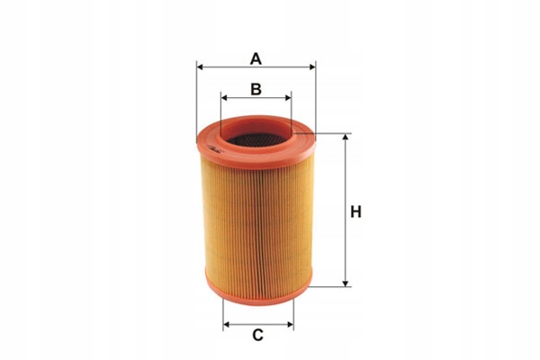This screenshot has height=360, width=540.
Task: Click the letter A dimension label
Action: pos(256,58)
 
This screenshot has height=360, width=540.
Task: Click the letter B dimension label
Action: pos(256,89)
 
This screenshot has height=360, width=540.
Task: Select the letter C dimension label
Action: pos(258,335)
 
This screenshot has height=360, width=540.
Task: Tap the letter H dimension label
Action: pos(355,211)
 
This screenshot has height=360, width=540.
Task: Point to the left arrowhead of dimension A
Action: pos(200,67)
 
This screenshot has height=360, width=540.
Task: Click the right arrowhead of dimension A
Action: pos(312,67)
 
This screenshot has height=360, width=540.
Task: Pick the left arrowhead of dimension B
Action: pos(224,98)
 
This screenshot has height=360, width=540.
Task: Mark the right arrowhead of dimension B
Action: pos(288,98)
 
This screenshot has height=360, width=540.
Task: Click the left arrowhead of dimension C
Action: pos(227,325)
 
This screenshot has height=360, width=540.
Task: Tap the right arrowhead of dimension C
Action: pos(291,325)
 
